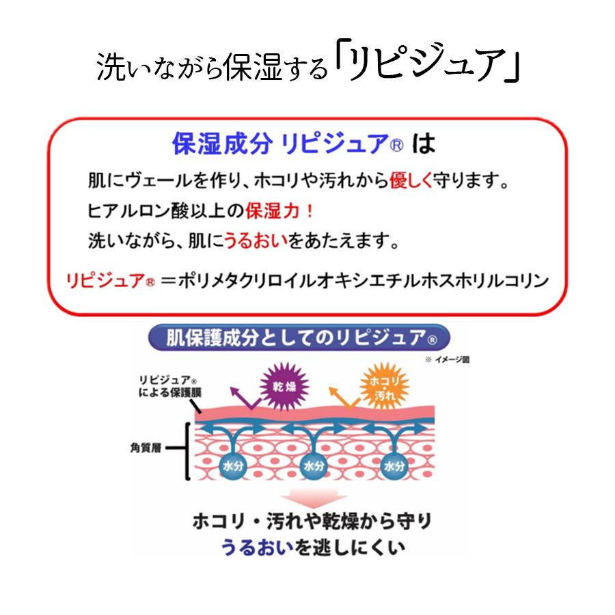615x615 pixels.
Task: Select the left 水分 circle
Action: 232,465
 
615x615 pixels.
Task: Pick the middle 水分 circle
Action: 312,465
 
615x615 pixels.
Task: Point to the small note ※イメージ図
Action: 449,359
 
